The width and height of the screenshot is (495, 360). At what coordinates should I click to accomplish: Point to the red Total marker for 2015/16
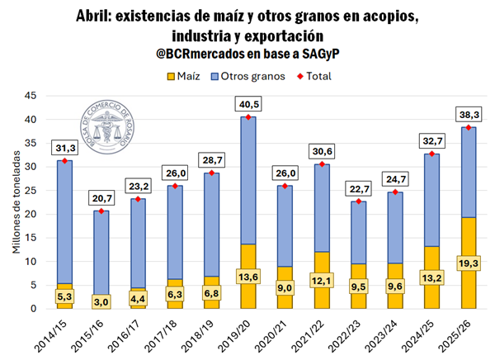[x=102, y=211]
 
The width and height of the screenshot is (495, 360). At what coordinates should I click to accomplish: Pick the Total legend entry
[x=313, y=76]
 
